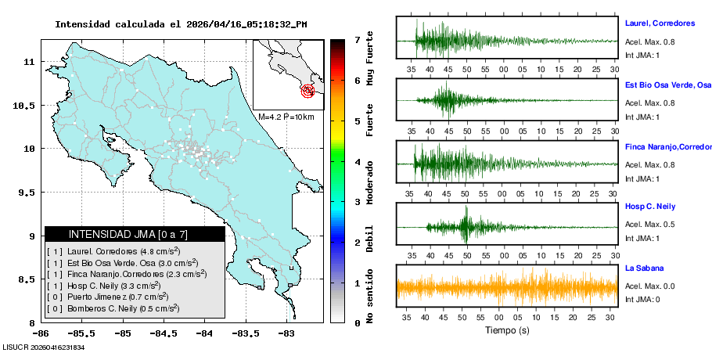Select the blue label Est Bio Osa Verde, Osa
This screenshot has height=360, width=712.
click(667, 85)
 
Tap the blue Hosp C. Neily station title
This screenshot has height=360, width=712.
click(651, 207)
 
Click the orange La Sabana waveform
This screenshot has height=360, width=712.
click(507, 288)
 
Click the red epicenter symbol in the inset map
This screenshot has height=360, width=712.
click(308, 91)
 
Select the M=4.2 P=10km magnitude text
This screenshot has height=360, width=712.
click(286, 117)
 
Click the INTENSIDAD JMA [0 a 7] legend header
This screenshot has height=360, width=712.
click(135, 234)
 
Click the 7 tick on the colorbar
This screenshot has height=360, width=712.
click(357, 39)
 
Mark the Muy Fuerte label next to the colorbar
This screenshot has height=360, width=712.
click(370, 57)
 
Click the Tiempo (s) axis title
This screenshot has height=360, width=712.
click(507, 330)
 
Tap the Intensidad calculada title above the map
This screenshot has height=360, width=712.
click(181, 24)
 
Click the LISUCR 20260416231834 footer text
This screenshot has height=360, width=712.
click(43, 347)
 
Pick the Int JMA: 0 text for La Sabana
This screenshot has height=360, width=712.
click(642, 300)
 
